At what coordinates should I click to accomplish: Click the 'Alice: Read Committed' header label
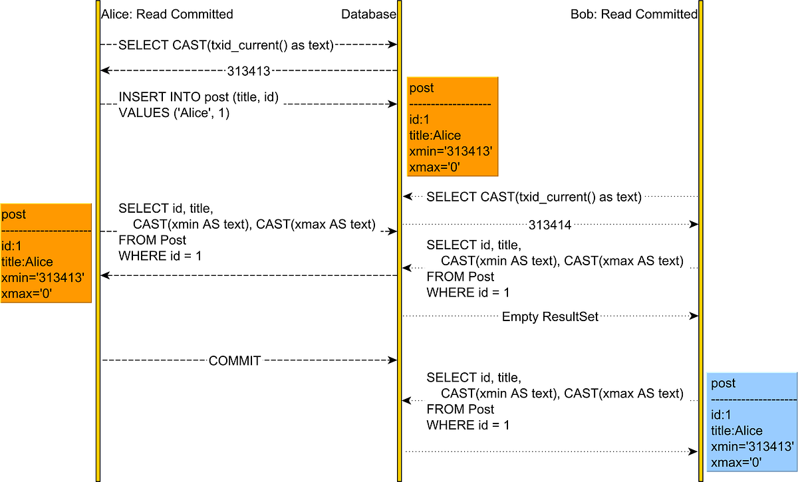point(167,14)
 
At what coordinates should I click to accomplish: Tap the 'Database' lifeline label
point(368,14)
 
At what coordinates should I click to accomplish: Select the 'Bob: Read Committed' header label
point(634,14)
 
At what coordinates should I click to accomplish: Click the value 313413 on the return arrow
point(247,70)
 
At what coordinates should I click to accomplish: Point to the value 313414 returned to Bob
point(550,225)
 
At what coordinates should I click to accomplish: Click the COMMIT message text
point(235,360)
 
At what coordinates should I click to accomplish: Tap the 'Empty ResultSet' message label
point(550,317)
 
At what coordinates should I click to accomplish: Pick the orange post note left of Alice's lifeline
point(45,253)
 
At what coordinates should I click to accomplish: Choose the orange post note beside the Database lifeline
point(452,126)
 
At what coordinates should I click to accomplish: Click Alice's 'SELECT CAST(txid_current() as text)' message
point(225,45)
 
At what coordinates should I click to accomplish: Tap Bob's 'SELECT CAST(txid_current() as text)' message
point(533,197)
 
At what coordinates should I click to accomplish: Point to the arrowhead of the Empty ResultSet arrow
point(694,317)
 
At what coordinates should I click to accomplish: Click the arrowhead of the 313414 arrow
point(694,225)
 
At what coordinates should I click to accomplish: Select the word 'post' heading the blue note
point(724,384)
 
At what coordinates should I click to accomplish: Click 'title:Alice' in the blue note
point(737,430)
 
